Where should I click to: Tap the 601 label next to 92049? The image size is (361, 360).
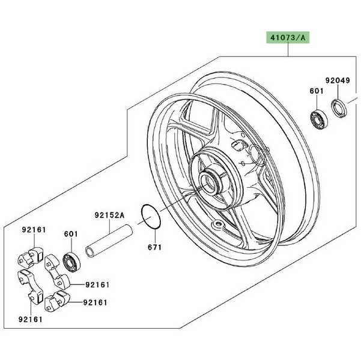pos(317,91)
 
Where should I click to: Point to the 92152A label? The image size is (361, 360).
pos(108,214)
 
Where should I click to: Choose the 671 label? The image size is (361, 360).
pos(156,247)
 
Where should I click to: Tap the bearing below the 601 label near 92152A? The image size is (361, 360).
pos(71,261)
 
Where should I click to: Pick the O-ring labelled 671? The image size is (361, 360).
pos(150,216)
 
